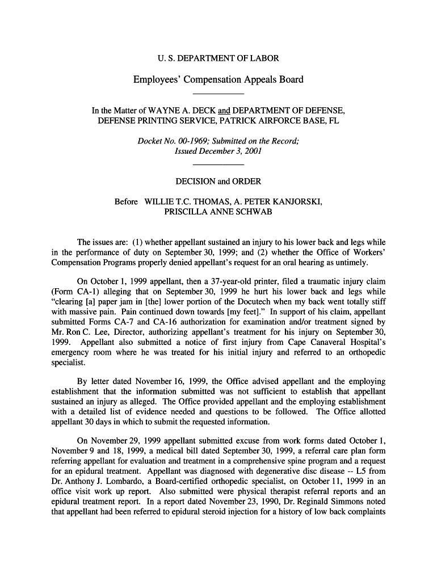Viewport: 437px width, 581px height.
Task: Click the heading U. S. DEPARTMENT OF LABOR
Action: click(x=218, y=58)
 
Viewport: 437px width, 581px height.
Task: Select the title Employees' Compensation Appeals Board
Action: click(x=218, y=79)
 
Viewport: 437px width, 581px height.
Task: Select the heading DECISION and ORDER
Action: click(x=218, y=182)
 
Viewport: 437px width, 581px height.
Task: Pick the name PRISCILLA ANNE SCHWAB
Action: click(x=218, y=212)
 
